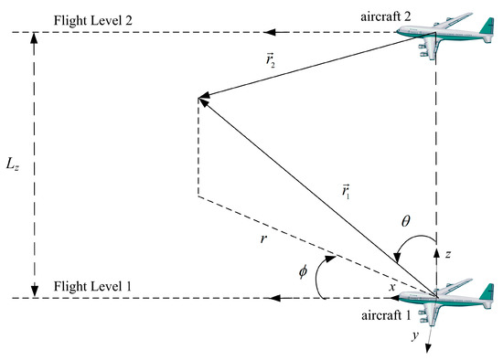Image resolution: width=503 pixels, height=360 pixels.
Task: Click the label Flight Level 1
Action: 92,285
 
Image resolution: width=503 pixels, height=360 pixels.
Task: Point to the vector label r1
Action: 343,194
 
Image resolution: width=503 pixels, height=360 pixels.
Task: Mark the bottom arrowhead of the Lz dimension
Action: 35,291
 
